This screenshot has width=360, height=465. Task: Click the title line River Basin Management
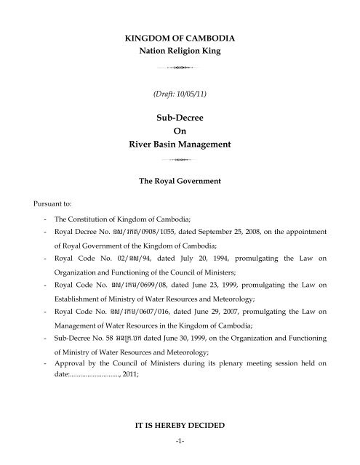(180, 145)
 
